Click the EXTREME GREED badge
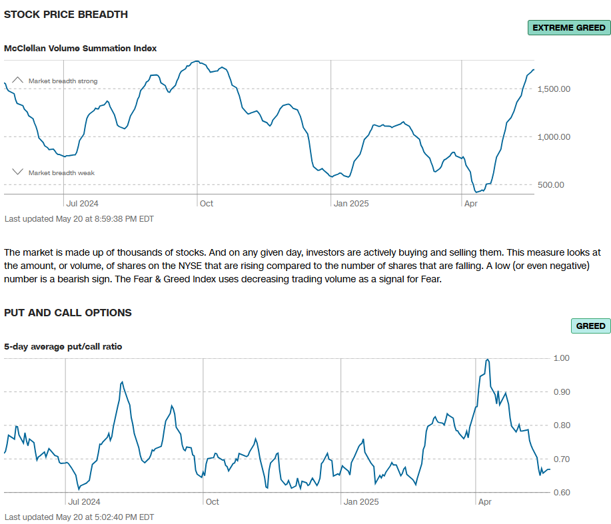pyautogui.click(x=568, y=28)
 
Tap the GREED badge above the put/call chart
pyautogui.click(x=590, y=326)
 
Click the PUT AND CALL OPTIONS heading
pyautogui.click(x=68, y=312)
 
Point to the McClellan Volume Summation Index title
pyautogui.click(x=81, y=49)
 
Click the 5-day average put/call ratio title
pyautogui.click(x=63, y=346)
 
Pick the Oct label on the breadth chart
pyautogui.click(x=207, y=203)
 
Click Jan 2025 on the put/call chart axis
pyautogui.click(x=360, y=501)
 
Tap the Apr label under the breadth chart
pyautogui.click(x=470, y=203)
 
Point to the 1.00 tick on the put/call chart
pyautogui.click(x=562, y=358)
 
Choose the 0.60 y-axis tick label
pyautogui.click(x=562, y=493)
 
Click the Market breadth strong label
pyautogui.click(x=63, y=81)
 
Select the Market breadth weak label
pyautogui.click(x=61, y=173)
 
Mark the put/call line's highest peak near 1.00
pyautogui.click(x=488, y=360)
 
